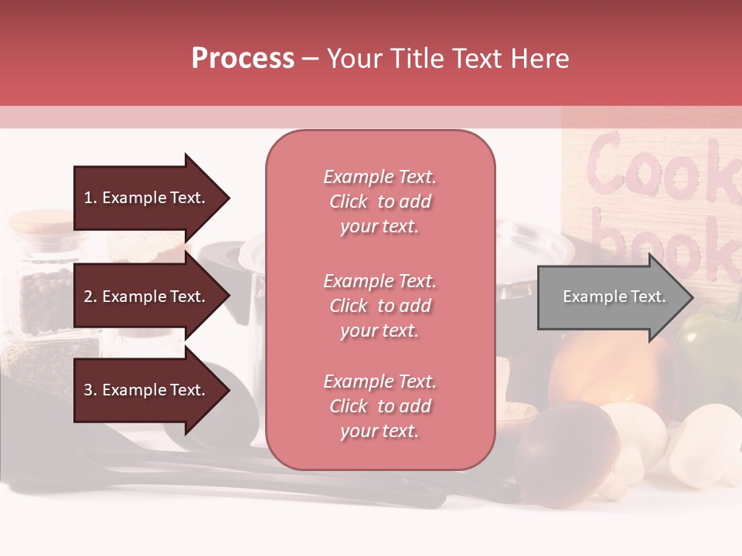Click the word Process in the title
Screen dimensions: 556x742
coord(243,59)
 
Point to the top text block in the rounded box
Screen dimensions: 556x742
coord(380,202)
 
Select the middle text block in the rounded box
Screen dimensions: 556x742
coord(380,306)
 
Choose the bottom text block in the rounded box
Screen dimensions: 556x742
coord(380,406)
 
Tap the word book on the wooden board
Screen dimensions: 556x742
coord(665,239)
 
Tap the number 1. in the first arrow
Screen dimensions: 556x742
coord(90,198)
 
